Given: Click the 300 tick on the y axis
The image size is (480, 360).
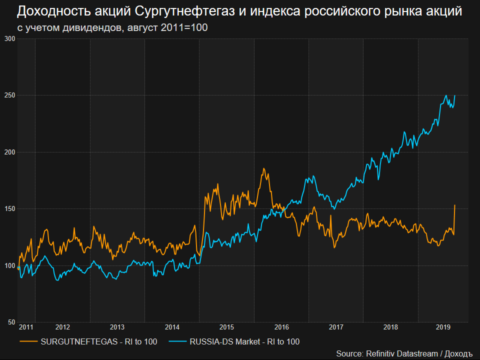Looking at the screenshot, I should [x=10, y=38].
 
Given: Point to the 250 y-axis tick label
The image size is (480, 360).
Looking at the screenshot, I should [x=10, y=95].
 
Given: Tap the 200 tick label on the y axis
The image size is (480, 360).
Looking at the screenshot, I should [x=10, y=152].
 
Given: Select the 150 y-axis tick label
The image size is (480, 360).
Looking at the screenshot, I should [x=10, y=208].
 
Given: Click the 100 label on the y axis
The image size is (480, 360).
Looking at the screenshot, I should [x=10, y=265].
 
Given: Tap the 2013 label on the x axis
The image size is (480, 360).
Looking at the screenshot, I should [x=117, y=327].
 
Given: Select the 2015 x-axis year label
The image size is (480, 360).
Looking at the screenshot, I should [x=226, y=327].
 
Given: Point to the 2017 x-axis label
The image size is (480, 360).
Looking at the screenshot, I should [x=336, y=327].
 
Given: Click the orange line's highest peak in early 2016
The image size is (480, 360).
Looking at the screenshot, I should [x=263, y=168].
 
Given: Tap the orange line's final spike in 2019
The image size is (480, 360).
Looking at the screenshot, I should [x=454, y=205].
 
